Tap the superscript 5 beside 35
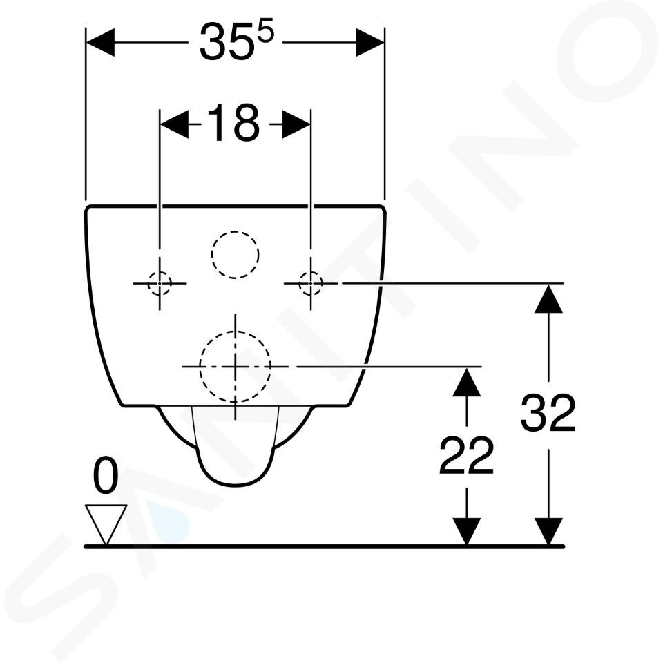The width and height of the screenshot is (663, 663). (265, 33)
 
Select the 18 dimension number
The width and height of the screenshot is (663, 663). (234, 124)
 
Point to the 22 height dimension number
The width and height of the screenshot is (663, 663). (466, 455)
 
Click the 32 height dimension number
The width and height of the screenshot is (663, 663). (548, 412)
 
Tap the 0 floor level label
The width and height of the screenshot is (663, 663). (105, 476)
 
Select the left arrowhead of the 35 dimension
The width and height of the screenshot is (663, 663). (100, 42)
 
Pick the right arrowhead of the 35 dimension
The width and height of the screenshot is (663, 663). (369, 42)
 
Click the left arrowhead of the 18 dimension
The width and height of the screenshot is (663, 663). (174, 124)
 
